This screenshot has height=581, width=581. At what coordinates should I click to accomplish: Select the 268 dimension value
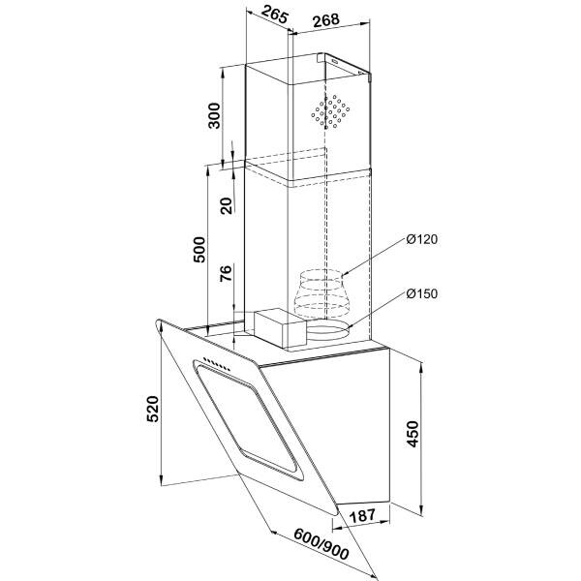coord(326,20)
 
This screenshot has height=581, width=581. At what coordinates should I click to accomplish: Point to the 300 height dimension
coord(214,116)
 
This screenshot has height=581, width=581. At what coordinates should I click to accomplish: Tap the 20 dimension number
coord(226,206)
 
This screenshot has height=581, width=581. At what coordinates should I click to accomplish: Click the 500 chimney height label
coord(199,250)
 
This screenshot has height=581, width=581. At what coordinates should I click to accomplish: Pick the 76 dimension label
coord(226,273)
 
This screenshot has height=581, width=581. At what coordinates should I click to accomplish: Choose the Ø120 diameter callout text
coord(421,239)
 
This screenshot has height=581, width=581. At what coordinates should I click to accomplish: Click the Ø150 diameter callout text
coord(421,293)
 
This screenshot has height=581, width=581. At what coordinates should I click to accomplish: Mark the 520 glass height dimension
coord(153,409)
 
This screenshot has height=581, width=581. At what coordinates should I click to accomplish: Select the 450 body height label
coord(413,434)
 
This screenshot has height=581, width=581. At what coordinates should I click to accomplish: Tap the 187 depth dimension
coord(363,516)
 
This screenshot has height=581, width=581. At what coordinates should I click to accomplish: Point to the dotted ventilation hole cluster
coord(330,111)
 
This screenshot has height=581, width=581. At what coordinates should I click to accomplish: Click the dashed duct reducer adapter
coord(322,293)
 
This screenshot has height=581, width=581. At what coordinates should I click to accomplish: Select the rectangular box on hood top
coord(280,328)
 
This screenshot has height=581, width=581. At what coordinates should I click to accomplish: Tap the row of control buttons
coord(217,365)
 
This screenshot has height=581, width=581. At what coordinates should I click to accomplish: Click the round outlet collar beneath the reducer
coord(327,330)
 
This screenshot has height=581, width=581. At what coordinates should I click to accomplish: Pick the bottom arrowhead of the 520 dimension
coord(161,480)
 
